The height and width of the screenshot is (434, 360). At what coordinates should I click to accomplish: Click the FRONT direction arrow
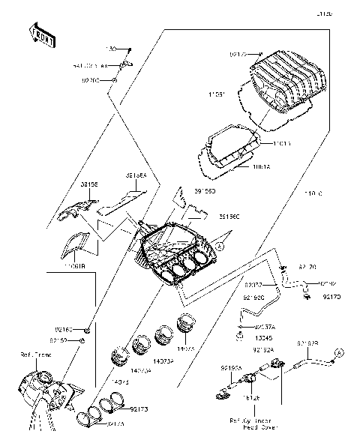click(x=42, y=35)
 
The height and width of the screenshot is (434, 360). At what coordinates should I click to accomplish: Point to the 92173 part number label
click(x=140, y=409)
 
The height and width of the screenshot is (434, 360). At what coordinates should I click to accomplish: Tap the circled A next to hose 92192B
click(x=337, y=351)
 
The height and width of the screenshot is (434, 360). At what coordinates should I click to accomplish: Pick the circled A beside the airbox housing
click(x=220, y=245)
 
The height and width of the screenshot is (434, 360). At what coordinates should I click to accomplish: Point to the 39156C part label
click(x=229, y=217)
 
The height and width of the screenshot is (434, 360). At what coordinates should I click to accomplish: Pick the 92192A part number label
click(x=262, y=349)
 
